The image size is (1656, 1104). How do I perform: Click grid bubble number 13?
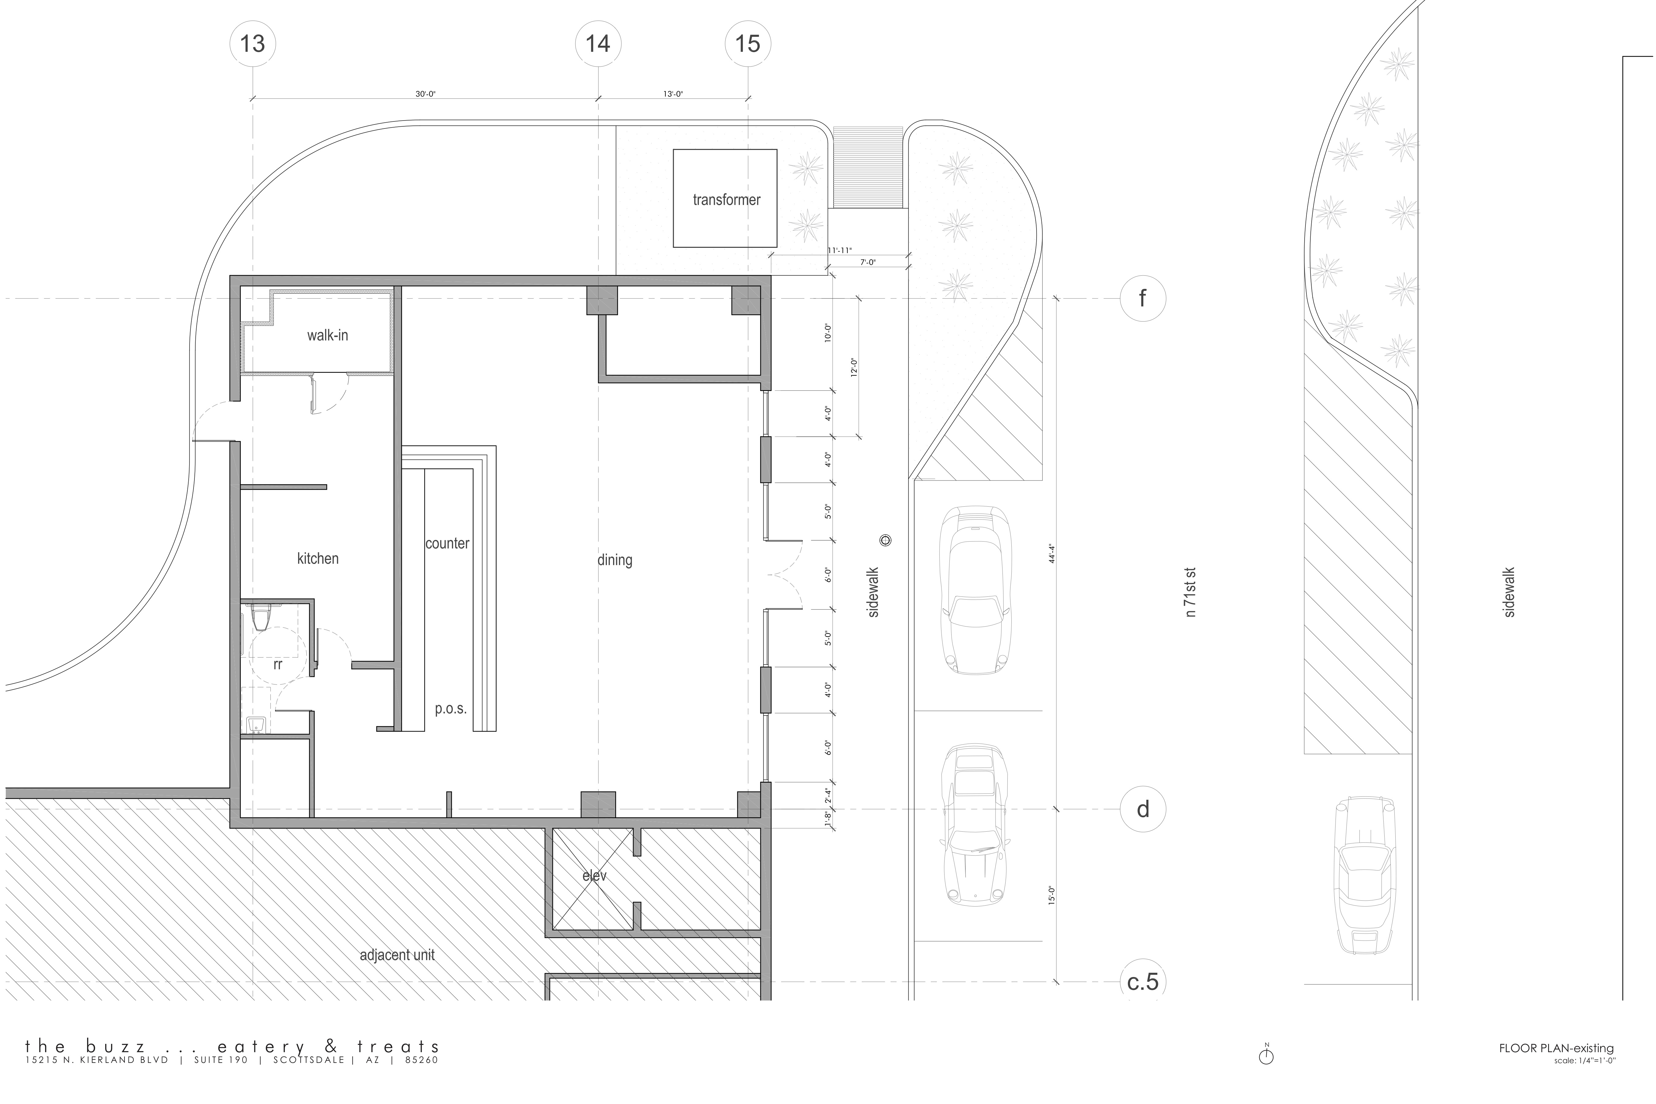253,44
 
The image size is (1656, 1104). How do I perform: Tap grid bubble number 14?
599,44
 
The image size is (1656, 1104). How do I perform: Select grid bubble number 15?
748,44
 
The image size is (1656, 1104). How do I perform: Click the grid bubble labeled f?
1143,298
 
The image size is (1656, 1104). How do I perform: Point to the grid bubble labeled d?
1143,809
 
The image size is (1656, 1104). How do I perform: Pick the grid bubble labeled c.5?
1143,982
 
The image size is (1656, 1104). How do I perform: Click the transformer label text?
726,200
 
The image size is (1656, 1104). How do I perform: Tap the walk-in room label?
328,335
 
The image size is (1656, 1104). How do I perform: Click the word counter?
447,543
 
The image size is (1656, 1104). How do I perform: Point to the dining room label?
615,561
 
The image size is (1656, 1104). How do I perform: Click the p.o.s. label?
450,709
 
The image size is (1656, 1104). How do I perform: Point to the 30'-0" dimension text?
425,94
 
